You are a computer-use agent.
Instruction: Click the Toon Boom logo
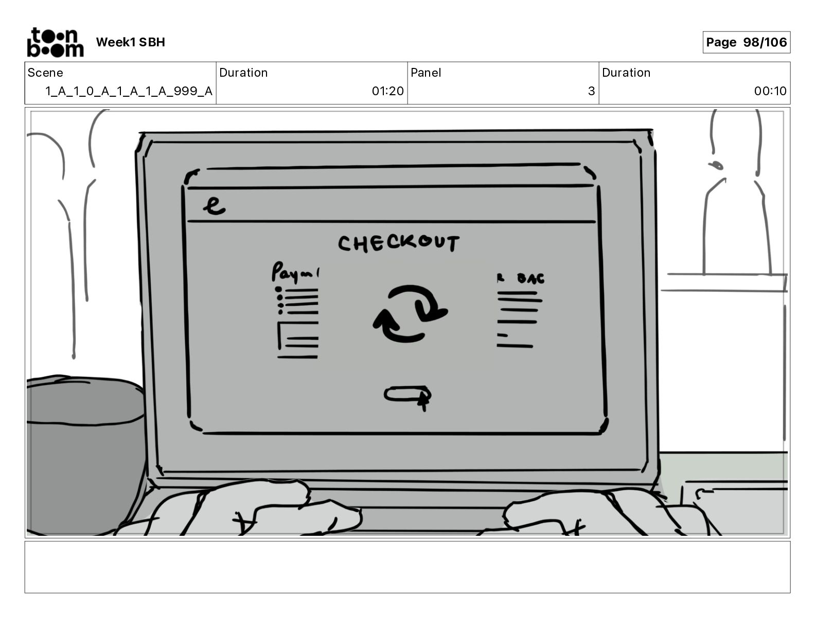[55, 42]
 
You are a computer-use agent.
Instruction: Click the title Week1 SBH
[130, 42]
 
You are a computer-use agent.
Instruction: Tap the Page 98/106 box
[746, 42]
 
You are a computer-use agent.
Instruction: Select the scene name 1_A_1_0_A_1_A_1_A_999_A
[129, 91]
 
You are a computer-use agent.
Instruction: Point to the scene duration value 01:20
[387, 91]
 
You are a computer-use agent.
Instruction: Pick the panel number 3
[591, 91]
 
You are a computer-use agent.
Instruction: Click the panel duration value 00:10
[770, 91]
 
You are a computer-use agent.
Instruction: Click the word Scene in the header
[45, 73]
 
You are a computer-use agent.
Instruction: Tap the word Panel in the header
[426, 73]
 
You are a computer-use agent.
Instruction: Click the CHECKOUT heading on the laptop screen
[399, 243]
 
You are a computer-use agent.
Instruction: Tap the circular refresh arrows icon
[410, 313]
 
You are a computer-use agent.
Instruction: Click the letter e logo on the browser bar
[214, 205]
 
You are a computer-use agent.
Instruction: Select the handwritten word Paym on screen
[294, 272]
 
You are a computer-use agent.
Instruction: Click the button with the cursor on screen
[406, 395]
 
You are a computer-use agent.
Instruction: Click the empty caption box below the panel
[407, 567]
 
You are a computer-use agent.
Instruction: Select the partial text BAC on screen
[530, 278]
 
